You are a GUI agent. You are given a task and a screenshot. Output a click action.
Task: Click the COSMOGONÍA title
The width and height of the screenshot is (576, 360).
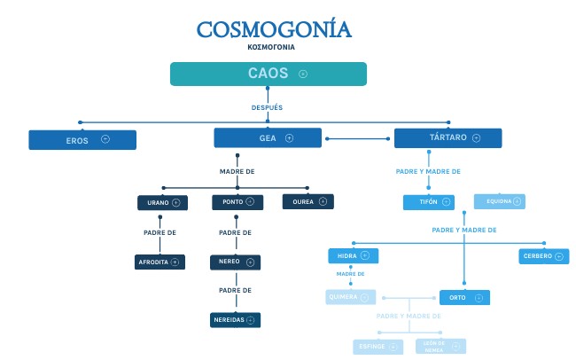click(273, 29)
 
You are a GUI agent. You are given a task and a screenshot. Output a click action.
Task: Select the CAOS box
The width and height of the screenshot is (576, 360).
click(269, 74)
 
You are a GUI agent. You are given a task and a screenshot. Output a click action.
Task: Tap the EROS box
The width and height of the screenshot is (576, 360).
click(82, 139)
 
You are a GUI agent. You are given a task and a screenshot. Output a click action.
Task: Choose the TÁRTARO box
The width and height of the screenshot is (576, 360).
click(448, 138)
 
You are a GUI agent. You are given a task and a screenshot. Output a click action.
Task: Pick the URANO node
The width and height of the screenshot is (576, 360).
click(162, 203)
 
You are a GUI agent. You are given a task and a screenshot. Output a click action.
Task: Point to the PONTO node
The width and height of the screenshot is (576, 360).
click(237, 202)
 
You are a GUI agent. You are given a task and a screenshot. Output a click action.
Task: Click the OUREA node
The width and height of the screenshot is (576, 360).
click(307, 202)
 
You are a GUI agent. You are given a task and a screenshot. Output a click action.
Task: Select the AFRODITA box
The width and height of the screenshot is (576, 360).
click(160, 262)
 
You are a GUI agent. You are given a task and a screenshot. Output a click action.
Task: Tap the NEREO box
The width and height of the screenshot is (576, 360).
click(236, 262)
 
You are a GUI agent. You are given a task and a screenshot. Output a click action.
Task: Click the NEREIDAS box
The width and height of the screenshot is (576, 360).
click(236, 319)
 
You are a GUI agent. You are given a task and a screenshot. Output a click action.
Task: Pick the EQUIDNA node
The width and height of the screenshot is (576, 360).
click(499, 201)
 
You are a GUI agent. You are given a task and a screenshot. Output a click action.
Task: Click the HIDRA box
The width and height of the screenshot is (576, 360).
click(353, 256)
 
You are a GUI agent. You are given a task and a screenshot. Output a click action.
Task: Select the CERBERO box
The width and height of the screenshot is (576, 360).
click(543, 256)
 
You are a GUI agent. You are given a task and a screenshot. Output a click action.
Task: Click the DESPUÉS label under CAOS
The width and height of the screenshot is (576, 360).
click(268, 107)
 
